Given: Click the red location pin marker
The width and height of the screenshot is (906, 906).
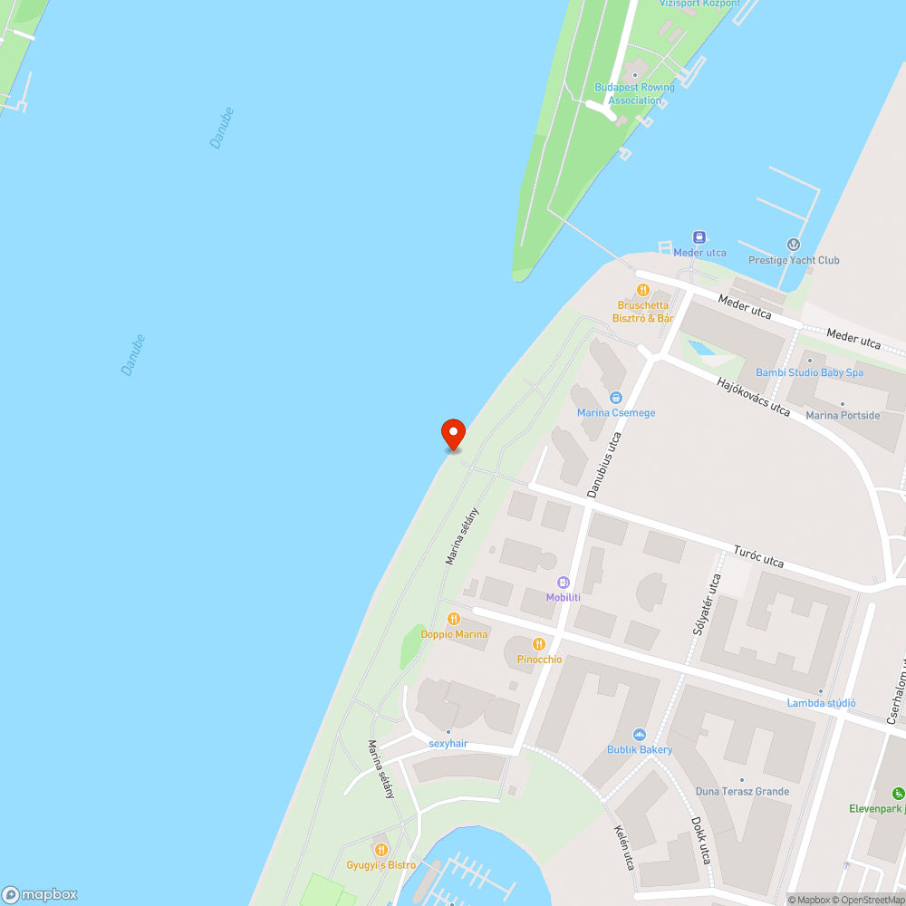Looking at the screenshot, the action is [452, 434].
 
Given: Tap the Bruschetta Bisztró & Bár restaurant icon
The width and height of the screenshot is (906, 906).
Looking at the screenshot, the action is [643, 290].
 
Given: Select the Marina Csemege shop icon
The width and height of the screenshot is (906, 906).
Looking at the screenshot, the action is [616, 397].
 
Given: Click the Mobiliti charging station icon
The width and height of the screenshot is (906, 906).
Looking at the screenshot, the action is [564, 582].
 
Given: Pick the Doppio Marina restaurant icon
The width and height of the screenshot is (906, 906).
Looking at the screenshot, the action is [454, 619].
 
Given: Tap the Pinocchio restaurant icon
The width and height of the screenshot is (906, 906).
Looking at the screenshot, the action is [539, 644].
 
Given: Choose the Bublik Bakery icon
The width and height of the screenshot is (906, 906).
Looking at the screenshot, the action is [640, 734].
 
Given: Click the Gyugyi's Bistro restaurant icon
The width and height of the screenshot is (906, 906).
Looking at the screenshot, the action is [381, 850].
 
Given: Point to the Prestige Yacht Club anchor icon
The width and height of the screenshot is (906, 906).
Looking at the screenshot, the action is [794, 245].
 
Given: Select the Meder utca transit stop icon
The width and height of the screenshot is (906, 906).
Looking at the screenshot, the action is [699, 237].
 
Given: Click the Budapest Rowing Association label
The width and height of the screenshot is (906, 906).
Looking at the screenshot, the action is [634, 93].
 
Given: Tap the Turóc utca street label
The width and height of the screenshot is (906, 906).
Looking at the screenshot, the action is [759, 556].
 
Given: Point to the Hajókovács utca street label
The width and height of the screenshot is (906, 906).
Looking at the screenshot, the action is [753, 396].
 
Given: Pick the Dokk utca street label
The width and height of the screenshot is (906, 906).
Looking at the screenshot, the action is [699, 841].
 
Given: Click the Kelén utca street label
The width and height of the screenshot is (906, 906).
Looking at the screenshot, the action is [623, 846].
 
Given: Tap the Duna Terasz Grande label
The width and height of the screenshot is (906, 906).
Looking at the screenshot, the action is [742, 791].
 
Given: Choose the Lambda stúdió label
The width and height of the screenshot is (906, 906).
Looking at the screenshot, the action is [821, 703].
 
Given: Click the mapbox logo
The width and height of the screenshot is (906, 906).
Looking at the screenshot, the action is [40, 893].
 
